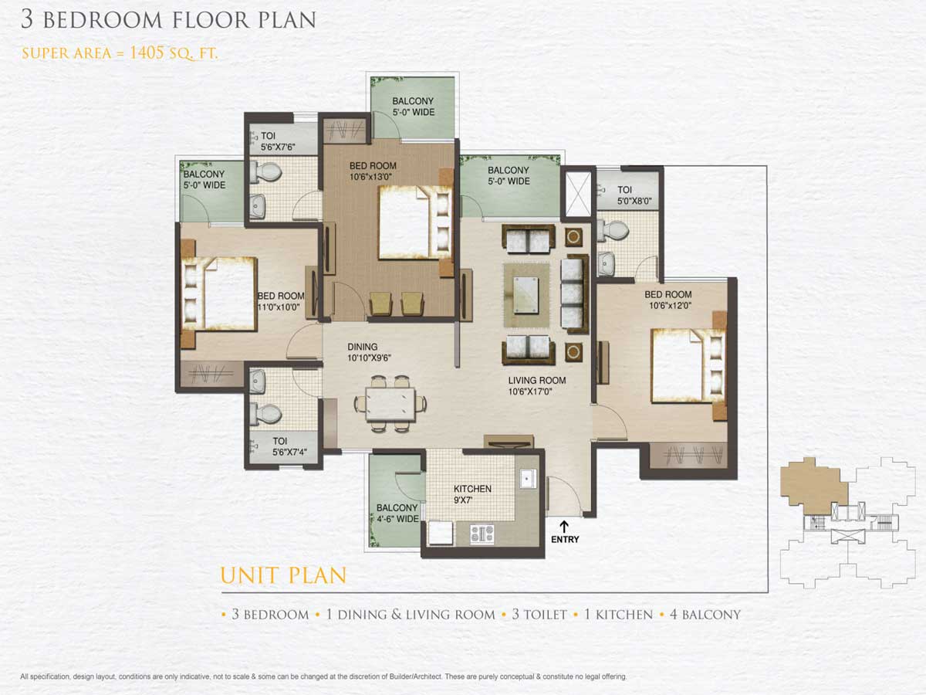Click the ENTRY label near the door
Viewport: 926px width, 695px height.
565,539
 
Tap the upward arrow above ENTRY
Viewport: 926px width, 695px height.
564,526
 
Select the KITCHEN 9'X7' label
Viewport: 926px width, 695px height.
472,494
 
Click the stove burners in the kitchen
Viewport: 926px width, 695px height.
482,534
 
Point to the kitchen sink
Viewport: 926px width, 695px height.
528,479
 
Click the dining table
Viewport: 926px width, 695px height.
390,404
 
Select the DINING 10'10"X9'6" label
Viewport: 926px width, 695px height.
369,352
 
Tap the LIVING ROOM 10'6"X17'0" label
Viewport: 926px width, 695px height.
536,385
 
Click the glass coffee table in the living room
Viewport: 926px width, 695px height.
526,294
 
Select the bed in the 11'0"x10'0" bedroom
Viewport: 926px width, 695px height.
219,294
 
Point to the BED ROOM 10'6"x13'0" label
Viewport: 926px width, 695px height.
373,171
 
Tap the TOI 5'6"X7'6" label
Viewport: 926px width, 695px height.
278,141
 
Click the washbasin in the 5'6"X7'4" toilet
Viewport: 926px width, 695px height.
257,381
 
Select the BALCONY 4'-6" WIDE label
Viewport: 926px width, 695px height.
397,513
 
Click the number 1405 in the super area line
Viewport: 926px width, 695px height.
147,53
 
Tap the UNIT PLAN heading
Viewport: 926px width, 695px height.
283,575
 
